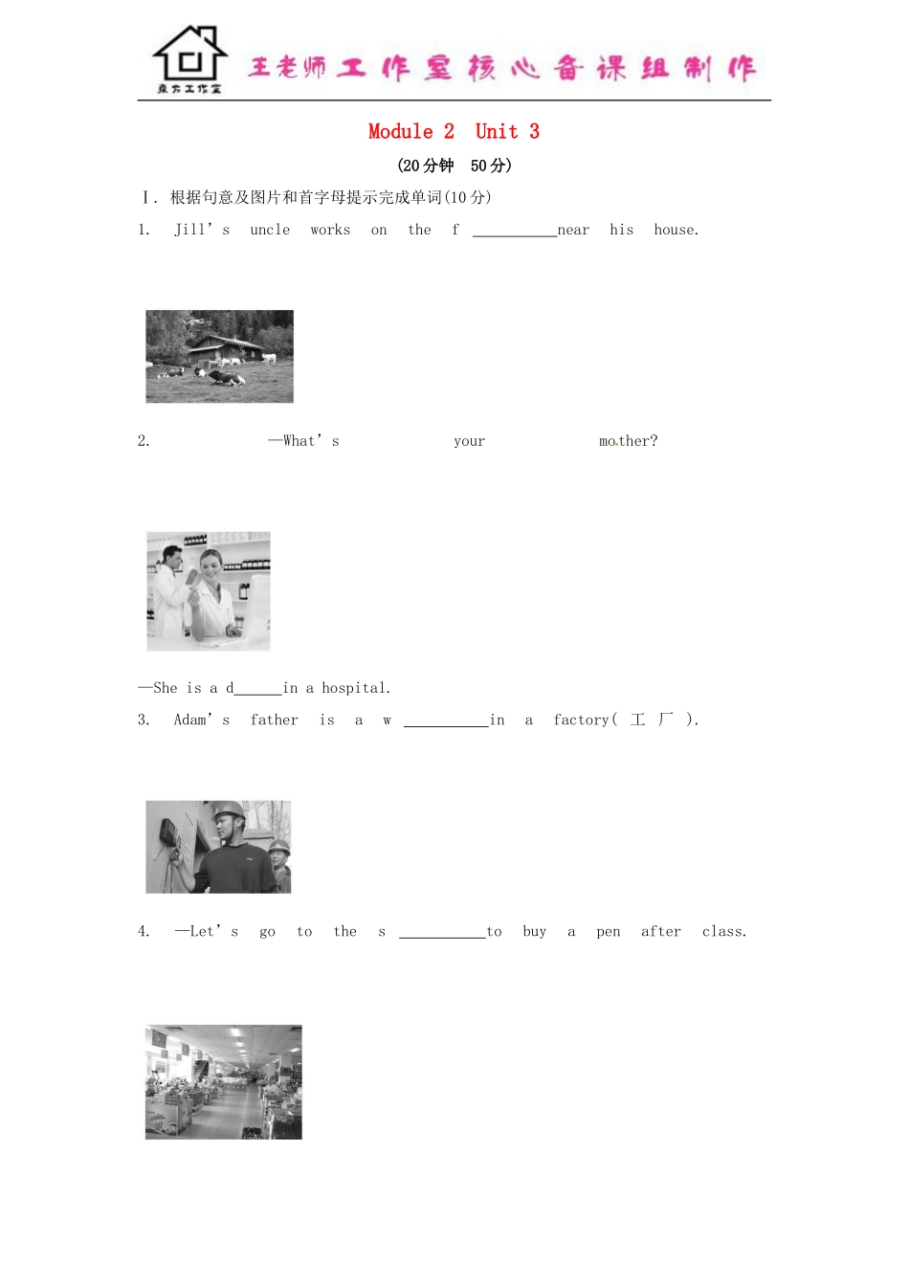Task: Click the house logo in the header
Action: coord(189,59)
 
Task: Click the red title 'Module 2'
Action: coord(411,132)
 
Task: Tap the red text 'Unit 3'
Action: coord(507,132)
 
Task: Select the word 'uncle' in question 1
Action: coord(270,230)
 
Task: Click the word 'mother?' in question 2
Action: coord(628,441)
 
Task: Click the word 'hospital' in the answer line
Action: coord(354,688)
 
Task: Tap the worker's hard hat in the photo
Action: coord(228,810)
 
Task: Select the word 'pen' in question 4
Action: coord(609,932)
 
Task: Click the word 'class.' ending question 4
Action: coord(724,932)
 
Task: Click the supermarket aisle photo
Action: coord(223,1082)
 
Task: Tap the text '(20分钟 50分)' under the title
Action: coord(454,166)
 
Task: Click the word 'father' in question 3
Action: coord(275,720)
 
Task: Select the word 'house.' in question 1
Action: coord(676,230)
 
